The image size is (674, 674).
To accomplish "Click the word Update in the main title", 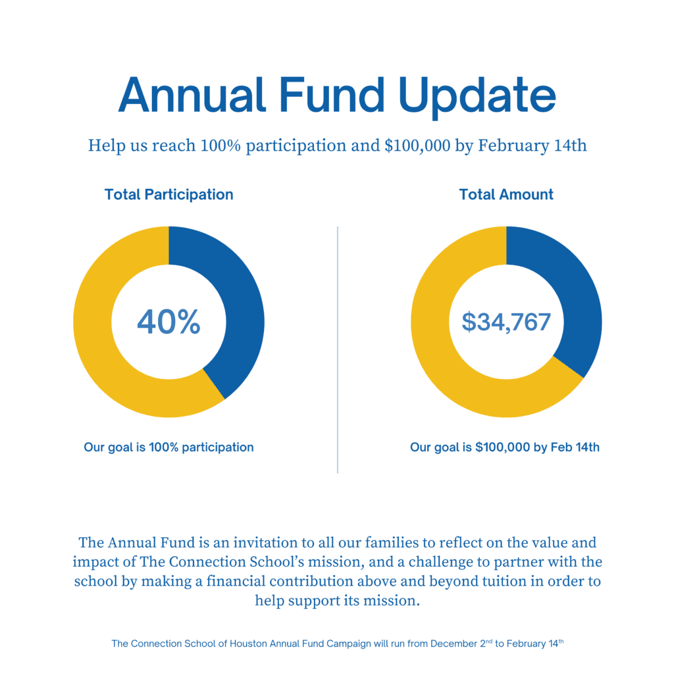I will (x=479, y=95).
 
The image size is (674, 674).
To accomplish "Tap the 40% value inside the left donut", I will (x=168, y=322).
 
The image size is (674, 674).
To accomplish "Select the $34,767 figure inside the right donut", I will (x=506, y=322).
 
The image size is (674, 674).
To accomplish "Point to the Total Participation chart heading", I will (x=168, y=195).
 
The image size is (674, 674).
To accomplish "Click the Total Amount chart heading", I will (x=506, y=195).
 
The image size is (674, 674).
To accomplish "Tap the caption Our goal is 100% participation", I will (x=168, y=448).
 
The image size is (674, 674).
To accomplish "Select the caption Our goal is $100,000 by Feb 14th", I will (x=505, y=448).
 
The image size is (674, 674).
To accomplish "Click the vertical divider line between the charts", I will (x=338, y=349).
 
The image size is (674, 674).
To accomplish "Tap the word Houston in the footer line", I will (x=248, y=644).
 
